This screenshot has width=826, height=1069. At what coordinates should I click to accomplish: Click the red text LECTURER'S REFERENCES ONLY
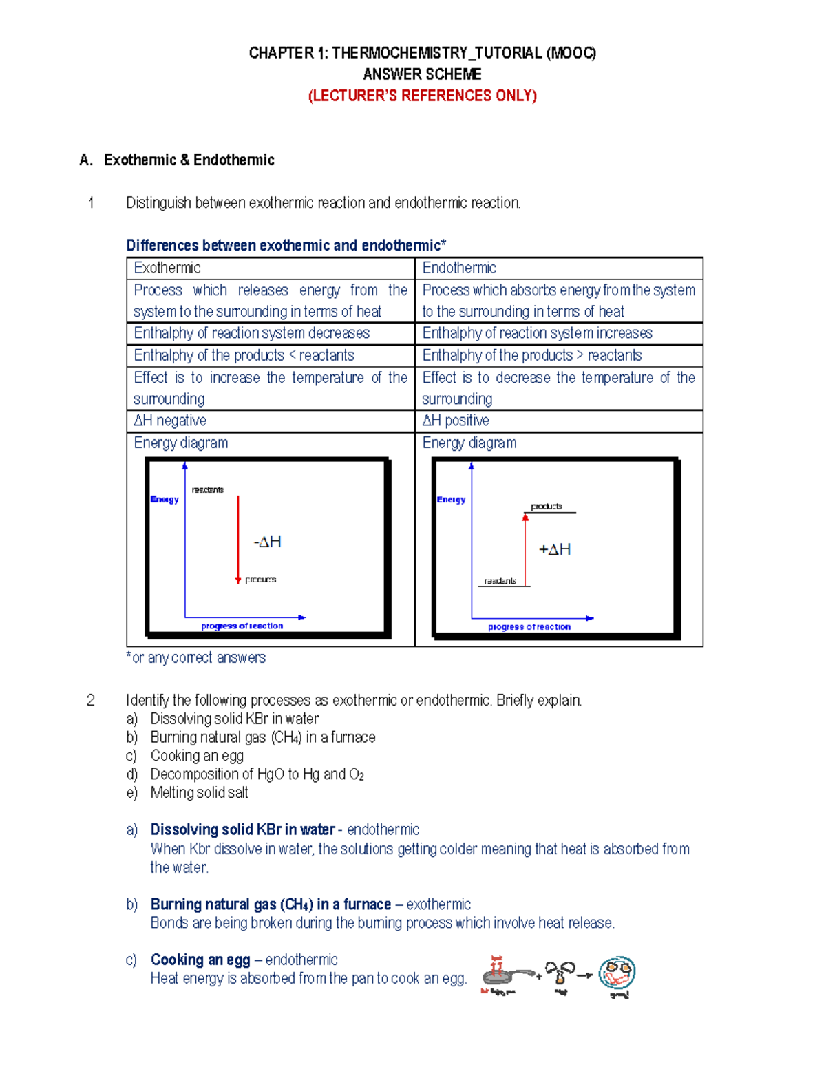tap(422, 96)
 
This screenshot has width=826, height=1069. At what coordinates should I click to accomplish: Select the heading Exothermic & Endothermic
tap(189, 160)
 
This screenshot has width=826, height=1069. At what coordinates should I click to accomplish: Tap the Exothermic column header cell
tap(167, 268)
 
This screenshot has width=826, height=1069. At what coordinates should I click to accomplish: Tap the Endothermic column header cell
tap(459, 268)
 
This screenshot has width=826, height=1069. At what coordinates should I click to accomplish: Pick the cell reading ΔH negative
tap(170, 421)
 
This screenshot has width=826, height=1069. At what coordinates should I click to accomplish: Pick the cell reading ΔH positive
tap(456, 421)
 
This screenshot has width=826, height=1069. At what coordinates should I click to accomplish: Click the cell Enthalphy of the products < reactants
tap(244, 355)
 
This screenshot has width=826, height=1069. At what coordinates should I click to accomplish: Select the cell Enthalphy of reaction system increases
tap(537, 333)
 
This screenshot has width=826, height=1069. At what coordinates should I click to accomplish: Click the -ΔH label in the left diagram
tap(268, 542)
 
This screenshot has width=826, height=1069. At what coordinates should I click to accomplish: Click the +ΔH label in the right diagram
tap(555, 549)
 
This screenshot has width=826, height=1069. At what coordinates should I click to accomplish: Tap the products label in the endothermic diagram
tap(547, 507)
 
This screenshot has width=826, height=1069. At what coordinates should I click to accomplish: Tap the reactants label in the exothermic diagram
tap(207, 490)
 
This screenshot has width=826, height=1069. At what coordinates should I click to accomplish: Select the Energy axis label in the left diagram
tap(165, 500)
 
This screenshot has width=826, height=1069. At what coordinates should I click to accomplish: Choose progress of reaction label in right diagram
tap(529, 627)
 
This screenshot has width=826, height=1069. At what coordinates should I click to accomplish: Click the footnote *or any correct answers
tap(196, 658)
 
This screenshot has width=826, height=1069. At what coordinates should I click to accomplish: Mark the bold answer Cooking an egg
tap(200, 960)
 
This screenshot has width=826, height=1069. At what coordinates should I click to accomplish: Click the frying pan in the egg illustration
tap(501, 975)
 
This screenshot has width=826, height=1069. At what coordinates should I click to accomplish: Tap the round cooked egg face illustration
tap(617, 973)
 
